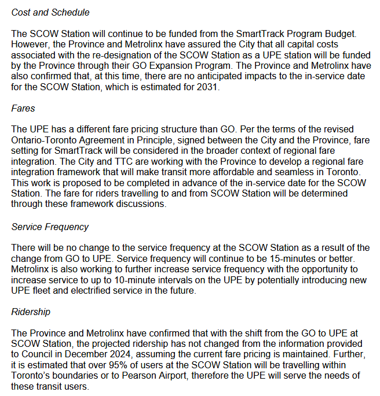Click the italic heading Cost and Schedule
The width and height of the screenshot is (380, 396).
[50, 12]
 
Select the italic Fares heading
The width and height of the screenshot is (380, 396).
[23, 108]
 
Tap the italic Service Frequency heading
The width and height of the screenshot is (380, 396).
[50, 227]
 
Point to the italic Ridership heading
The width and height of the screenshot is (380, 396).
[31, 312]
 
